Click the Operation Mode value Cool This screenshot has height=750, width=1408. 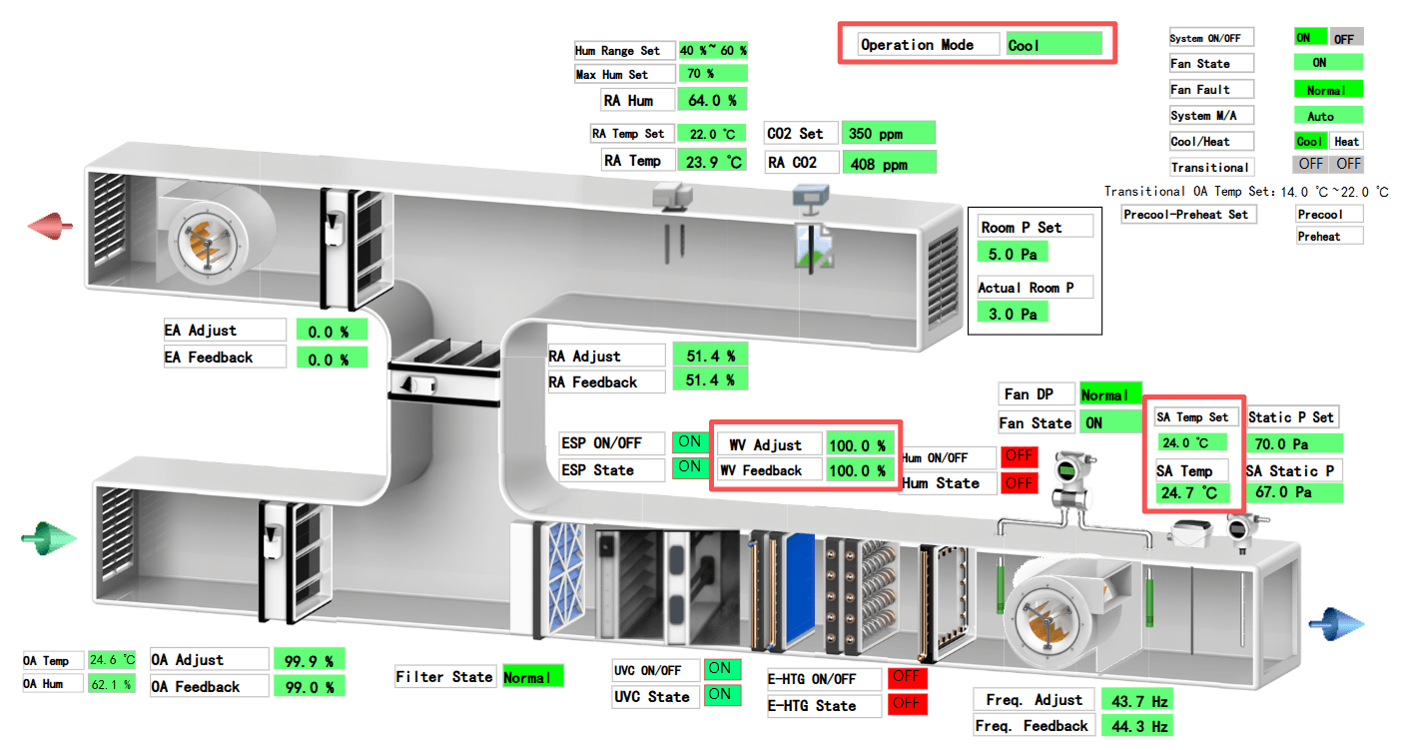(x=1054, y=44)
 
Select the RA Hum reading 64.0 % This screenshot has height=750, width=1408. (x=712, y=100)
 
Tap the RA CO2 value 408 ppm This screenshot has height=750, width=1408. (x=889, y=163)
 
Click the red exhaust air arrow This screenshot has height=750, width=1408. (x=51, y=226)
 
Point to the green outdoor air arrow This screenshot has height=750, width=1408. (x=49, y=539)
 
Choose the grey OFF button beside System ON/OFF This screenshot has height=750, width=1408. (x=1345, y=38)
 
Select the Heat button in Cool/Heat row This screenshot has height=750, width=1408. (x=1347, y=142)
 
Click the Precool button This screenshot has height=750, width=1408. (x=1329, y=214)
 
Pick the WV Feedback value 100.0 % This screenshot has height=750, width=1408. (x=859, y=470)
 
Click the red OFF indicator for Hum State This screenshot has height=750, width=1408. (x=1019, y=483)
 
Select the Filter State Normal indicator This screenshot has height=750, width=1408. (x=532, y=677)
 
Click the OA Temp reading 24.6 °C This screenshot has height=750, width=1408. (x=111, y=660)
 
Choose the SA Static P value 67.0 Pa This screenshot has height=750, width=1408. (x=1292, y=492)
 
